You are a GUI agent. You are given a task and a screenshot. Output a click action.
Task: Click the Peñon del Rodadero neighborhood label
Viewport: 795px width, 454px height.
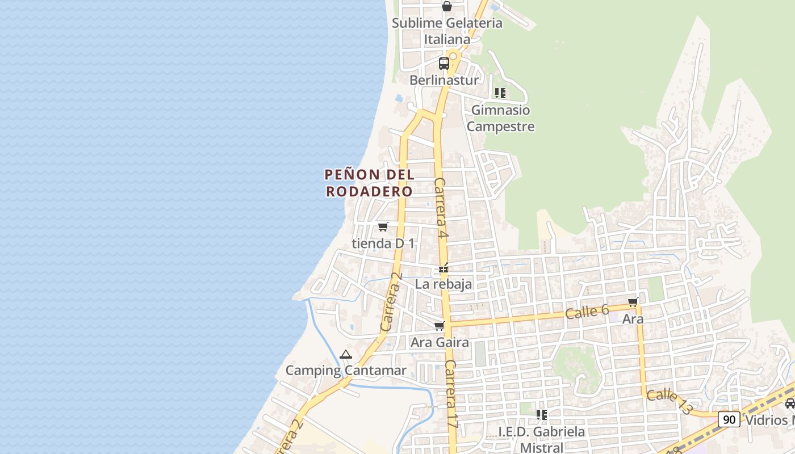point(369,183)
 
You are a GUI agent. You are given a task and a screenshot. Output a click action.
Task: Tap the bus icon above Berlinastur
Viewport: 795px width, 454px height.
point(444,64)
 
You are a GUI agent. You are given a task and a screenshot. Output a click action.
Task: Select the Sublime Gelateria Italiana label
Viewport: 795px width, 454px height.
point(447,31)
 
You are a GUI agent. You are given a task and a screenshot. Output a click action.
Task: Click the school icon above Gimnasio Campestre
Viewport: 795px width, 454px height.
point(500,93)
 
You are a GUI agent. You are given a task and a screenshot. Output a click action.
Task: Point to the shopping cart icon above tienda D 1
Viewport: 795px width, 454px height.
point(383,227)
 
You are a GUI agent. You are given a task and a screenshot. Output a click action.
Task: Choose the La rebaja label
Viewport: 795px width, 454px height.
point(443,284)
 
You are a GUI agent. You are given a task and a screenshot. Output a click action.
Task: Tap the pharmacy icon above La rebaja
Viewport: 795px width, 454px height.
point(443,268)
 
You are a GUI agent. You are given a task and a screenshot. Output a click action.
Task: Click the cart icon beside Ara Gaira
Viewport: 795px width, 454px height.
point(439,326)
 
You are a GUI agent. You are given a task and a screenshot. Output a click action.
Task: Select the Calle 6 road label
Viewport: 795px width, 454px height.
point(587,312)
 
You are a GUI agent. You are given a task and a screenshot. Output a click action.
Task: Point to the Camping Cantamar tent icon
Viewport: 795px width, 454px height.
point(345,355)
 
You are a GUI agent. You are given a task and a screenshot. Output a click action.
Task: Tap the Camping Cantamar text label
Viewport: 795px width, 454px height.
point(346,371)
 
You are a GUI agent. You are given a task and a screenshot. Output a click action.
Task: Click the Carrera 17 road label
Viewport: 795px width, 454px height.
point(451,394)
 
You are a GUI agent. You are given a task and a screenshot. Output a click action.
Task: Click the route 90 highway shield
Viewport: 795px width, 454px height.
point(729,419)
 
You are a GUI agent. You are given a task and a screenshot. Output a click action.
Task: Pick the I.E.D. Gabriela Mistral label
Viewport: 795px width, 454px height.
point(541,440)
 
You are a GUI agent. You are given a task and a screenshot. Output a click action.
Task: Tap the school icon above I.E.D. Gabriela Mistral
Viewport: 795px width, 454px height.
point(542,415)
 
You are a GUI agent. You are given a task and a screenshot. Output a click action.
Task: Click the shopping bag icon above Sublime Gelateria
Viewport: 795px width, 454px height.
point(447,7)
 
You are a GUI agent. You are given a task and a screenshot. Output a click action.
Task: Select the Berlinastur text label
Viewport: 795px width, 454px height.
point(444,80)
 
